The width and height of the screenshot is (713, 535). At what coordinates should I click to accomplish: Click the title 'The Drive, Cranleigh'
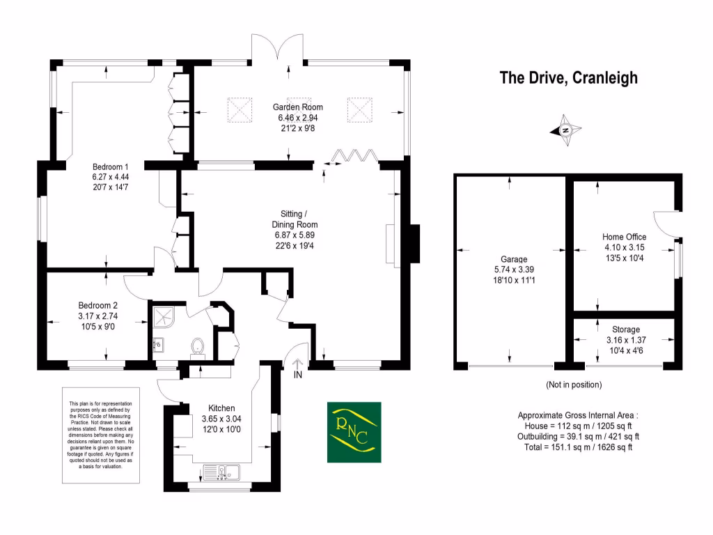click(x=568, y=78)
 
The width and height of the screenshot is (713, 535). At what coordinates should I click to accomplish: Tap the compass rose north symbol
click(x=565, y=130)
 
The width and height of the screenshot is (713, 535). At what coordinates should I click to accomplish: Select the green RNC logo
click(x=354, y=432)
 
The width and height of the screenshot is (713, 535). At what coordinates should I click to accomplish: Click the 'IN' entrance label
click(x=298, y=375)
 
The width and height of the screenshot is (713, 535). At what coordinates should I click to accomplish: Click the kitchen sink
click(x=221, y=472)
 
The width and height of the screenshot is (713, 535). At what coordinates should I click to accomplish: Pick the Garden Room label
click(x=298, y=107)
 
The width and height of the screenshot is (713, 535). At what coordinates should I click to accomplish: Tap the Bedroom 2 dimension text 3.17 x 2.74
click(x=97, y=316)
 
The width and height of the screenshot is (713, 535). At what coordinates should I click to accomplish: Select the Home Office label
click(x=625, y=237)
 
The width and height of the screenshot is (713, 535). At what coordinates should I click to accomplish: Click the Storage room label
click(x=626, y=329)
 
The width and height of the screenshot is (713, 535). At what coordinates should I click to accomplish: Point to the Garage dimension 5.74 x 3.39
click(x=514, y=270)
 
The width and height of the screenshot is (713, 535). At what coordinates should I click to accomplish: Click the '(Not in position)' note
click(x=574, y=385)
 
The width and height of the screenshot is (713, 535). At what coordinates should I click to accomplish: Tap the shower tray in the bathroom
click(x=163, y=317)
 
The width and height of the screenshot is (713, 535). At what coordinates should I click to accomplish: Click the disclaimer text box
click(x=100, y=435)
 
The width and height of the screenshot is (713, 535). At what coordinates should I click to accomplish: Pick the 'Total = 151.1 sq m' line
click(x=579, y=447)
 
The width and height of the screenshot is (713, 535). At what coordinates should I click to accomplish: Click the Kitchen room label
click(x=221, y=408)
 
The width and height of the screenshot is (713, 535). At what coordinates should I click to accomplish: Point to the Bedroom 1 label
click(x=111, y=166)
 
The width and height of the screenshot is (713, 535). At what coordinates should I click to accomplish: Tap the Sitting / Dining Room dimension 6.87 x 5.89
click(x=295, y=235)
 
